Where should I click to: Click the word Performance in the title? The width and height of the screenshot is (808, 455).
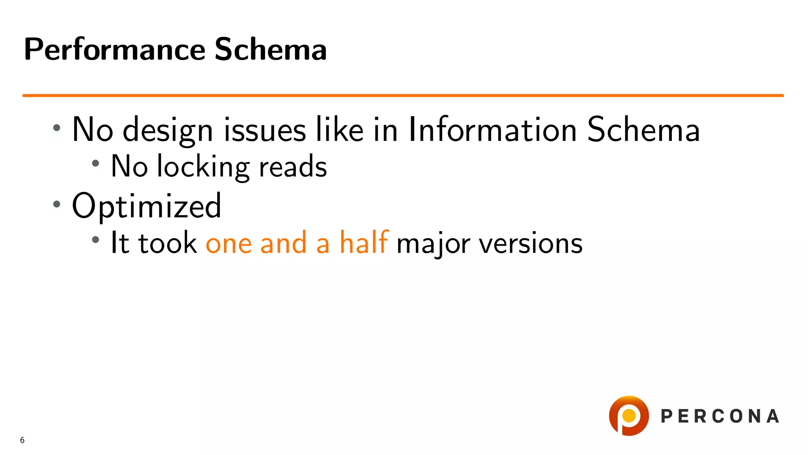(x=114, y=50)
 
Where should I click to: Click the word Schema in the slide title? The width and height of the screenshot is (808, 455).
(x=271, y=50)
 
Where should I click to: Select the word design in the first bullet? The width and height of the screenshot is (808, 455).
(x=168, y=130)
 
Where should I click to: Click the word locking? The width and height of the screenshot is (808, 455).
(x=203, y=167)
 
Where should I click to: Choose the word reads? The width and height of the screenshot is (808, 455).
(x=293, y=167)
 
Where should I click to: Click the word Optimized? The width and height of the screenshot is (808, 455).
(x=146, y=206)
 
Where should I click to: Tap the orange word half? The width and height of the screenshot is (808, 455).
(x=364, y=243)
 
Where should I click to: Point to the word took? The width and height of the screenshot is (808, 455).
(x=167, y=243)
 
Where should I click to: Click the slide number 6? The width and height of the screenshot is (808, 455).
(x=22, y=440)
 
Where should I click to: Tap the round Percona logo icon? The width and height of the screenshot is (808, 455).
(x=629, y=416)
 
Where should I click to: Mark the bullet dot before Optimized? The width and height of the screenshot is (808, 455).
(x=57, y=204)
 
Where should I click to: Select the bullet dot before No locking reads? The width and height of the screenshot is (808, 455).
(x=95, y=163)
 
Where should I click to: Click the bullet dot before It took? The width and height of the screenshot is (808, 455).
(x=95, y=239)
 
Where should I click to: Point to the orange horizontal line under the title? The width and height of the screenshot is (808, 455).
(x=402, y=96)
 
